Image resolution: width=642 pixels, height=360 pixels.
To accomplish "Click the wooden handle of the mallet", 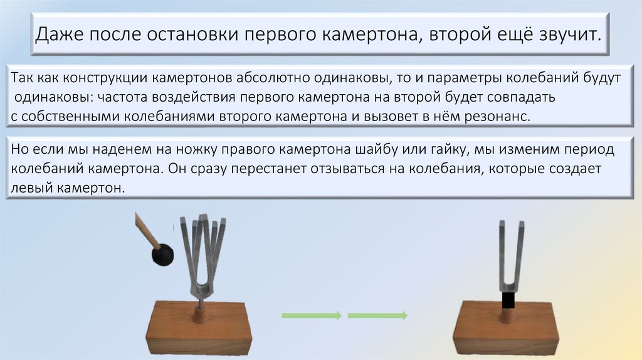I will point(145,230).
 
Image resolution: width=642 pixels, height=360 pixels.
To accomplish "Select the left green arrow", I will point(311,315).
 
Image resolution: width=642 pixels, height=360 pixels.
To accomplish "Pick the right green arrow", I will point(377,315).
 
